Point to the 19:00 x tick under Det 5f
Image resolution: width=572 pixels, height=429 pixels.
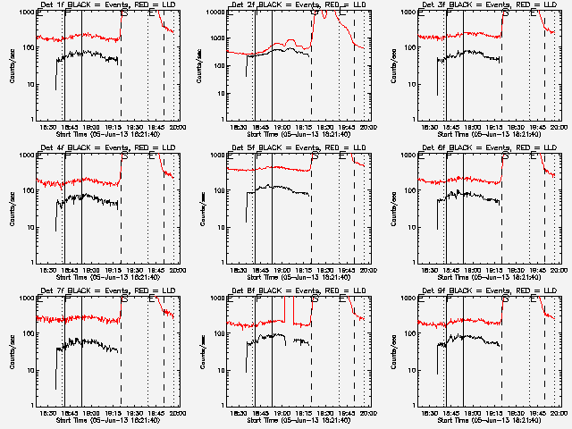tap(281, 269)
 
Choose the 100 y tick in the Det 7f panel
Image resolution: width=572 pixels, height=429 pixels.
tap(26, 333)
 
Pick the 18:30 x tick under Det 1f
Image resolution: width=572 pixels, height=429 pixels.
tap(50, 126)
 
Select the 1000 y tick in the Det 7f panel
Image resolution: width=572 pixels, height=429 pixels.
tap(24, 298)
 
